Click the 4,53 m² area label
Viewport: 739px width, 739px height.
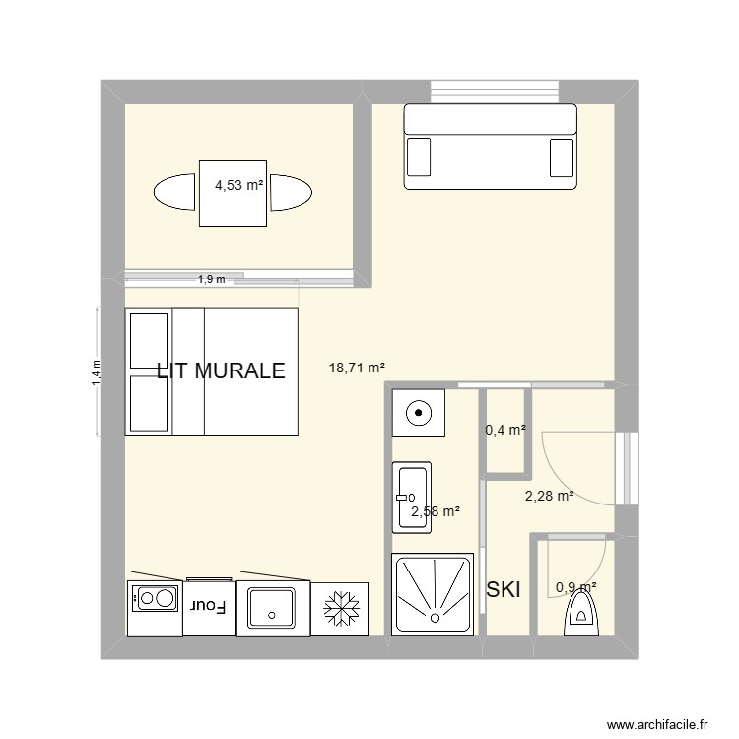point(239,183)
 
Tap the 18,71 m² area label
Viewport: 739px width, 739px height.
point(357,369)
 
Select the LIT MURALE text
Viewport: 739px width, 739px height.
point(221,370)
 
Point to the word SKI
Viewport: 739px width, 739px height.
point(504,589)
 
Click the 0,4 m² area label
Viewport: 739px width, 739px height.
point(505,430)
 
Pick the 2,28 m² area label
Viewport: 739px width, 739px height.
point(549,497)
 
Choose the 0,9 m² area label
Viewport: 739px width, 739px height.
point(576,587)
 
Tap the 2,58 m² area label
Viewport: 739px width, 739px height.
point(436,511)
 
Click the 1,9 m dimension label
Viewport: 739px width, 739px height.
point(211,279)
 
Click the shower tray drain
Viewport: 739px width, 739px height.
point(434,617)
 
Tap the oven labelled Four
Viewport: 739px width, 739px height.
point(210,606)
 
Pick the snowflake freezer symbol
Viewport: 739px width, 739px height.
point(341,608)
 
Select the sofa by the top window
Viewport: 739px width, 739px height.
point(490,148)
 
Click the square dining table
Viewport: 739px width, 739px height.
point(234,192)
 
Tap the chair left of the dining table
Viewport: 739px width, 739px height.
point(174,192)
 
